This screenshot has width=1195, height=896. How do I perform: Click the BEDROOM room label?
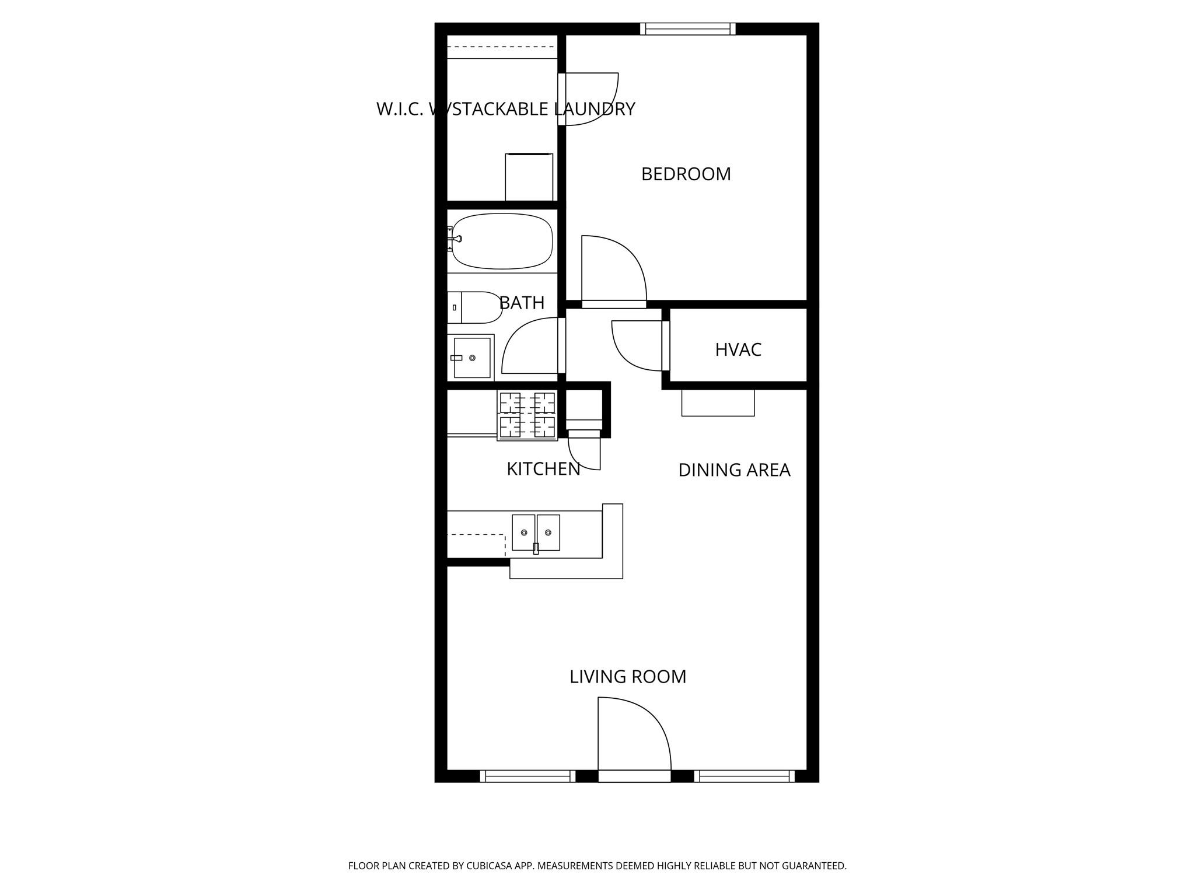click(686, 174)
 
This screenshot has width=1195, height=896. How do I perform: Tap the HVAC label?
click(738, 349)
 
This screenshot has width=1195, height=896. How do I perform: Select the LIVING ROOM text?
click(628, 677)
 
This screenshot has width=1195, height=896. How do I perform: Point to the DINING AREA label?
click(734, 470)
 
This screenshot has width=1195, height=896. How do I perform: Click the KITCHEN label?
click(543, 469)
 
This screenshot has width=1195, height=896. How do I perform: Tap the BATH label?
click(522, 303)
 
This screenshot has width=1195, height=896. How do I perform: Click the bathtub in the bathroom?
click(502, 241)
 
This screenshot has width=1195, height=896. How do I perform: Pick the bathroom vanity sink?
click(471, 358)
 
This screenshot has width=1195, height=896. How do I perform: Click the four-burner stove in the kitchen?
click(527, 415)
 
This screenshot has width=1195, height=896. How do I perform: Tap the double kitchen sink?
click(536, 533)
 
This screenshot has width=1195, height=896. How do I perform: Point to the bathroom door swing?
click(532, 347)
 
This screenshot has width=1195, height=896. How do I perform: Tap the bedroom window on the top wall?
click(687, 29)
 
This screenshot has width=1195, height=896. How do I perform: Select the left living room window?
click(527, 776)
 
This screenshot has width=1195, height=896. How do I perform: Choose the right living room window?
click(744, 776)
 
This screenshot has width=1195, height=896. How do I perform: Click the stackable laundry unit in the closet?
click(529, 177)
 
